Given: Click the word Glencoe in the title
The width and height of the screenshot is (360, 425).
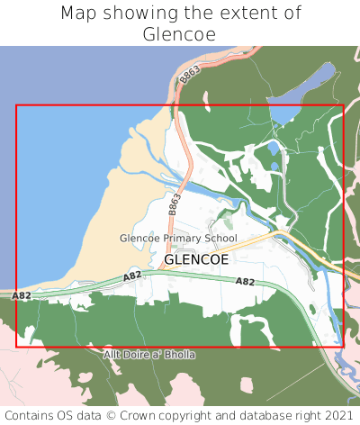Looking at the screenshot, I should point(180,34).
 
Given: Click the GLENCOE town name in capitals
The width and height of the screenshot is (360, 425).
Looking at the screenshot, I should point(196,258).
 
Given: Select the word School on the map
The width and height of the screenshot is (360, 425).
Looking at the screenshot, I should point(221,239).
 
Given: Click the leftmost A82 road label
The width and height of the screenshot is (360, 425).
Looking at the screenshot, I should point(21,295).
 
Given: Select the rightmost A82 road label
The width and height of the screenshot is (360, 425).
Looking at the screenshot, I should point(245,282).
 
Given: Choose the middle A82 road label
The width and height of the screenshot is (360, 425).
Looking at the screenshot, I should point(132,276).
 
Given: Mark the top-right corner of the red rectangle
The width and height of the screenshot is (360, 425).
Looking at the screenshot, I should point(344,105).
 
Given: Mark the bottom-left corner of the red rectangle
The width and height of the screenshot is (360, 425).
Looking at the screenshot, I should point(16,347).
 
